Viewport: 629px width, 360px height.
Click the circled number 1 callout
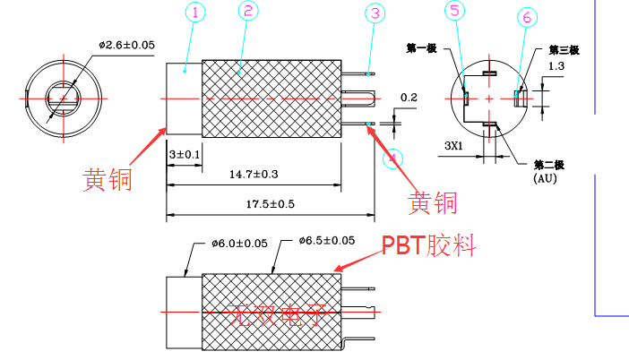coord(195,13)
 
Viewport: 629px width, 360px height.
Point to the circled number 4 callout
coord(391,159)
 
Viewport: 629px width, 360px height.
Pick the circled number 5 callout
coord(456,12)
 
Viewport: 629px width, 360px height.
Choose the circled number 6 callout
coord(528,17)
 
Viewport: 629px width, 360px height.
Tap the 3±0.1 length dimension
coord(185,155)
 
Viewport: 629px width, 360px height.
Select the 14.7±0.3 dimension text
coord(254,174)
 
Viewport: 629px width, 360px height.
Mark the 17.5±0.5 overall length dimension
coord(271,205)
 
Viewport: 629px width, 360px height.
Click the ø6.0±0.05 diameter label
coord(240,243)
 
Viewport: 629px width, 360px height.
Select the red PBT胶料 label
coord(428,244)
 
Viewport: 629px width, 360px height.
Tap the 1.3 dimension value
coord(556,66)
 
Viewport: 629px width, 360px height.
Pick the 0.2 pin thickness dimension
coord(409,97)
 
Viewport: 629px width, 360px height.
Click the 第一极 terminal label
coord(421,48)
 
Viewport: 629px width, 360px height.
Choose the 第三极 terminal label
coord(563,50)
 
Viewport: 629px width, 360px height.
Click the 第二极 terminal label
coord(549,165)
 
